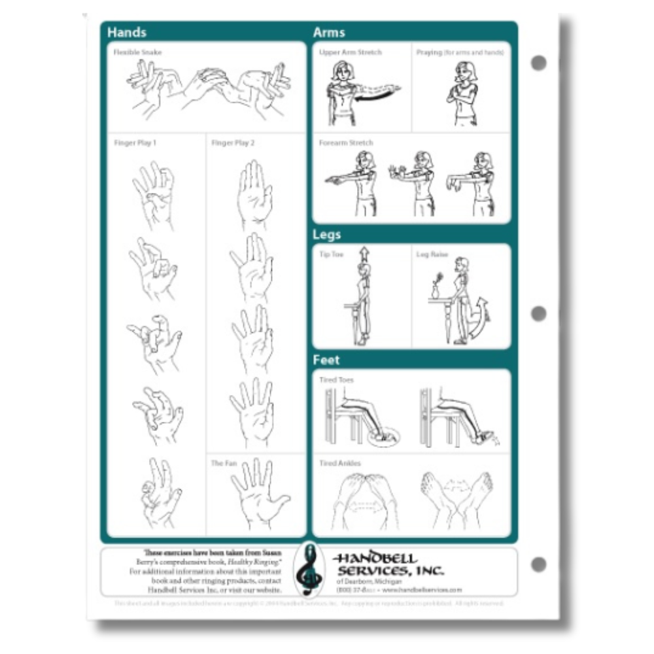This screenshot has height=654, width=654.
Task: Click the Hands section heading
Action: coord(127,32)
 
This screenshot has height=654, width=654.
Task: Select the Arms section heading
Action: coord(329,32)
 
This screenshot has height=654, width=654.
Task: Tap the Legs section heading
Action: coord(327,234)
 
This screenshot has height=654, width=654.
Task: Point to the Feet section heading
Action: coord(326,360)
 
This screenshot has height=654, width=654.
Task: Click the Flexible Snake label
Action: coord(137,52)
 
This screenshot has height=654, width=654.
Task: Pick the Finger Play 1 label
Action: coord(135,143)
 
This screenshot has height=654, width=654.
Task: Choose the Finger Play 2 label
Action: coord(233,143)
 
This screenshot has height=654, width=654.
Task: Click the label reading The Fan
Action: coord(223,463)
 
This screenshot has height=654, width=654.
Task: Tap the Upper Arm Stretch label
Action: coord(351,52)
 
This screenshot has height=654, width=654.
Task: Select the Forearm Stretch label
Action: coord(346,143)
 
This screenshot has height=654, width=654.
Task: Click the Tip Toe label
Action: coord(331,254)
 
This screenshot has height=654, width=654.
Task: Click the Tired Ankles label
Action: coord(339,463)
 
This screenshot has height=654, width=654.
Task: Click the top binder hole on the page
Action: coord(538,63)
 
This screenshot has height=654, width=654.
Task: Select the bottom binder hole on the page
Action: coord(538,564)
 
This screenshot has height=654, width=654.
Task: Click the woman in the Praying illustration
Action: coord(465,92)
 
